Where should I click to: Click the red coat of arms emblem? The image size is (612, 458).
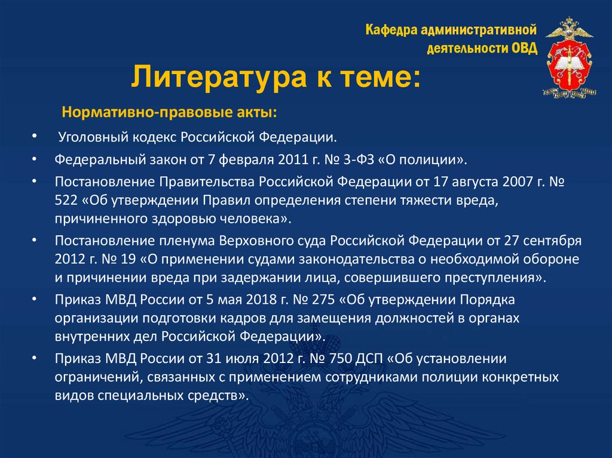[x=570, y=57]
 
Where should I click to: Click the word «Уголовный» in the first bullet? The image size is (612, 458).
[x=89, y=138]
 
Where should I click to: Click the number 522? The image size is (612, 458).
[x=68, y=200]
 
